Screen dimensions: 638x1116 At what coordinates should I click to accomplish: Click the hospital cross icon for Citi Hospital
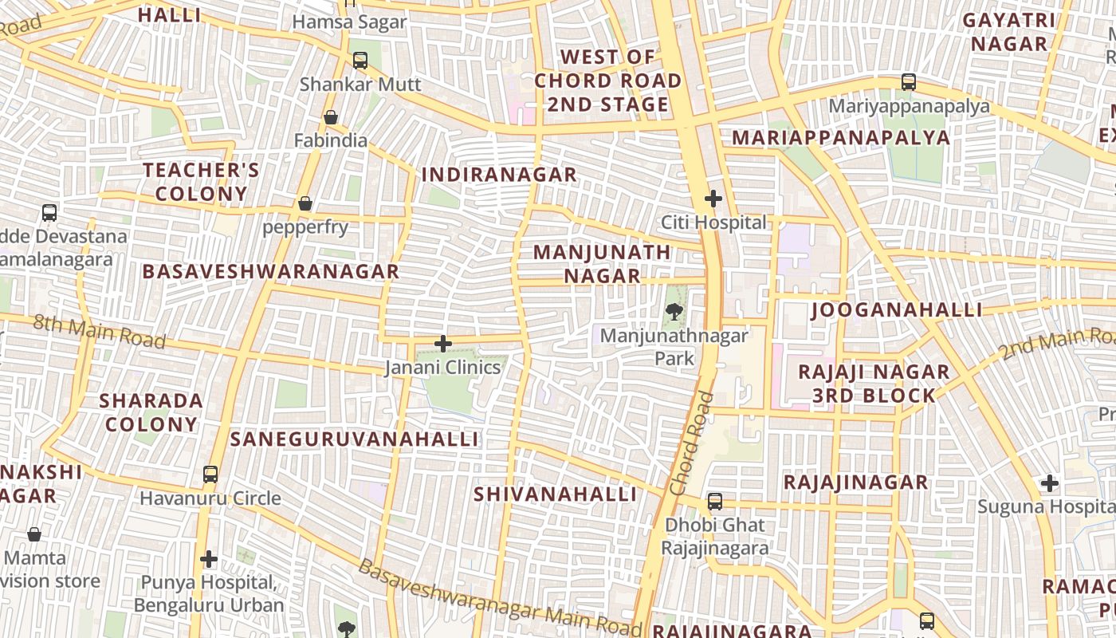[x=713, y=199]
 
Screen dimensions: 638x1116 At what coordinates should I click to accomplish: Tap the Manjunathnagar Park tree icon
[x=675, y=312]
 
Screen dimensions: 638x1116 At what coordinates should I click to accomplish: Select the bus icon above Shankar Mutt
[x=360, y=60]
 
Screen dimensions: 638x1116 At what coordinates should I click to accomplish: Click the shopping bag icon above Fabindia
[x=331, y=117]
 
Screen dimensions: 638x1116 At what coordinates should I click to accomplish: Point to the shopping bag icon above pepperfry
[x=305, y=203]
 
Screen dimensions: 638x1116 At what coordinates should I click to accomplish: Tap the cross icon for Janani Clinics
[x=443, y=344]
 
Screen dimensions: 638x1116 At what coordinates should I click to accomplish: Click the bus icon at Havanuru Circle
[x=210, y=475]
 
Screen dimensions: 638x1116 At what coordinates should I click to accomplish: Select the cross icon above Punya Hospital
[x=209, y=559]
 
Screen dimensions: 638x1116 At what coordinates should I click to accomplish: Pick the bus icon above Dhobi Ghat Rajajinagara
[x=715, y=502]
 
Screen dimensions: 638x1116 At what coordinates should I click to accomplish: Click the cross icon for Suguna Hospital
[x=1050, y=483]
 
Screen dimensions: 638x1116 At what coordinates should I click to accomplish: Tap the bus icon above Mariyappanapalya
[x=909, y=82]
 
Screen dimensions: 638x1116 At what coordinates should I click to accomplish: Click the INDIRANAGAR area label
[x=499, y=175]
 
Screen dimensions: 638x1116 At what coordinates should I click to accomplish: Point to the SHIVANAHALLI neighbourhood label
[x=556, y=494]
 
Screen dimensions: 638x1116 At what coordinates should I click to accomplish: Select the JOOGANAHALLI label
[x=897, y=310]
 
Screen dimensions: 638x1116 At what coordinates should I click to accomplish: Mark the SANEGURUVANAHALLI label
[x=355, y=439]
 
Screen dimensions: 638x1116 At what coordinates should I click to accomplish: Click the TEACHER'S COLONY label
[x=201, y=182]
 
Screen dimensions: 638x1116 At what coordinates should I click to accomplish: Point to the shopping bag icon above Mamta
[x=34, y=534]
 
